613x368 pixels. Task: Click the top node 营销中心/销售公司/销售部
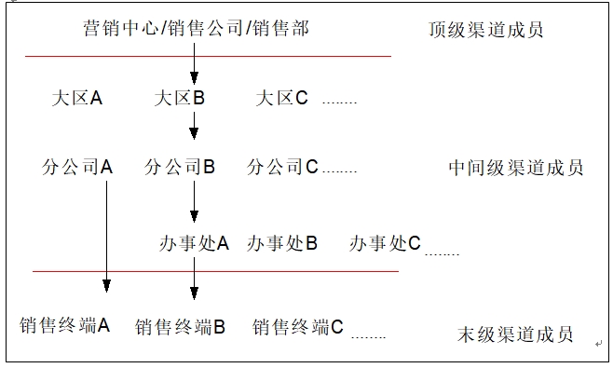[196, 30]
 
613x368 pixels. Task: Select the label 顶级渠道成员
[485, 30]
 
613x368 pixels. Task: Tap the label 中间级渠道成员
[515, 168]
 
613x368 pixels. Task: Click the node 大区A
[77, 98]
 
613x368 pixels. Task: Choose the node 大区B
[179, 98]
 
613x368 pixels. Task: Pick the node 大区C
[281, 98]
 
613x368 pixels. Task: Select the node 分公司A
[77, 168]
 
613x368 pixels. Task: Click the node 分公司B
[180, 168]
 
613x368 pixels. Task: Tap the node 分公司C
[282, 168]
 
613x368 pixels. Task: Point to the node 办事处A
[194, 243]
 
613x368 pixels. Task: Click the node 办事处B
[281, 243]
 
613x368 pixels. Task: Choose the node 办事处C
[385, 243]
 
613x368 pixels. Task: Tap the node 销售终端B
[181, 327]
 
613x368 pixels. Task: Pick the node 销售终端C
[298, 327]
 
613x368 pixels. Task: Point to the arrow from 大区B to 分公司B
[194, 124]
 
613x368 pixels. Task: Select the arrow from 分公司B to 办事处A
[194, 201]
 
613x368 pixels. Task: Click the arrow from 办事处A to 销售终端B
[194, 278]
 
